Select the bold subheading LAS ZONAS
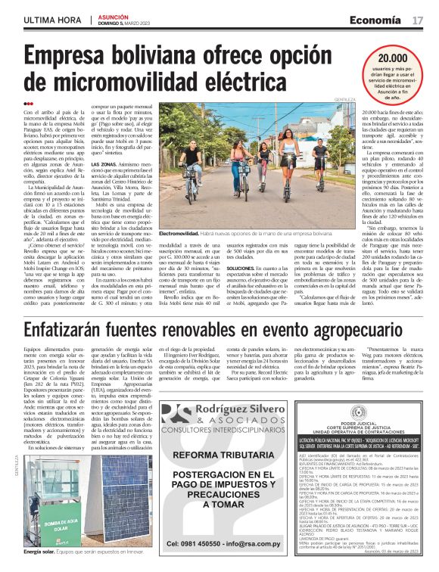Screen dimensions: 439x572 click(104, 164)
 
